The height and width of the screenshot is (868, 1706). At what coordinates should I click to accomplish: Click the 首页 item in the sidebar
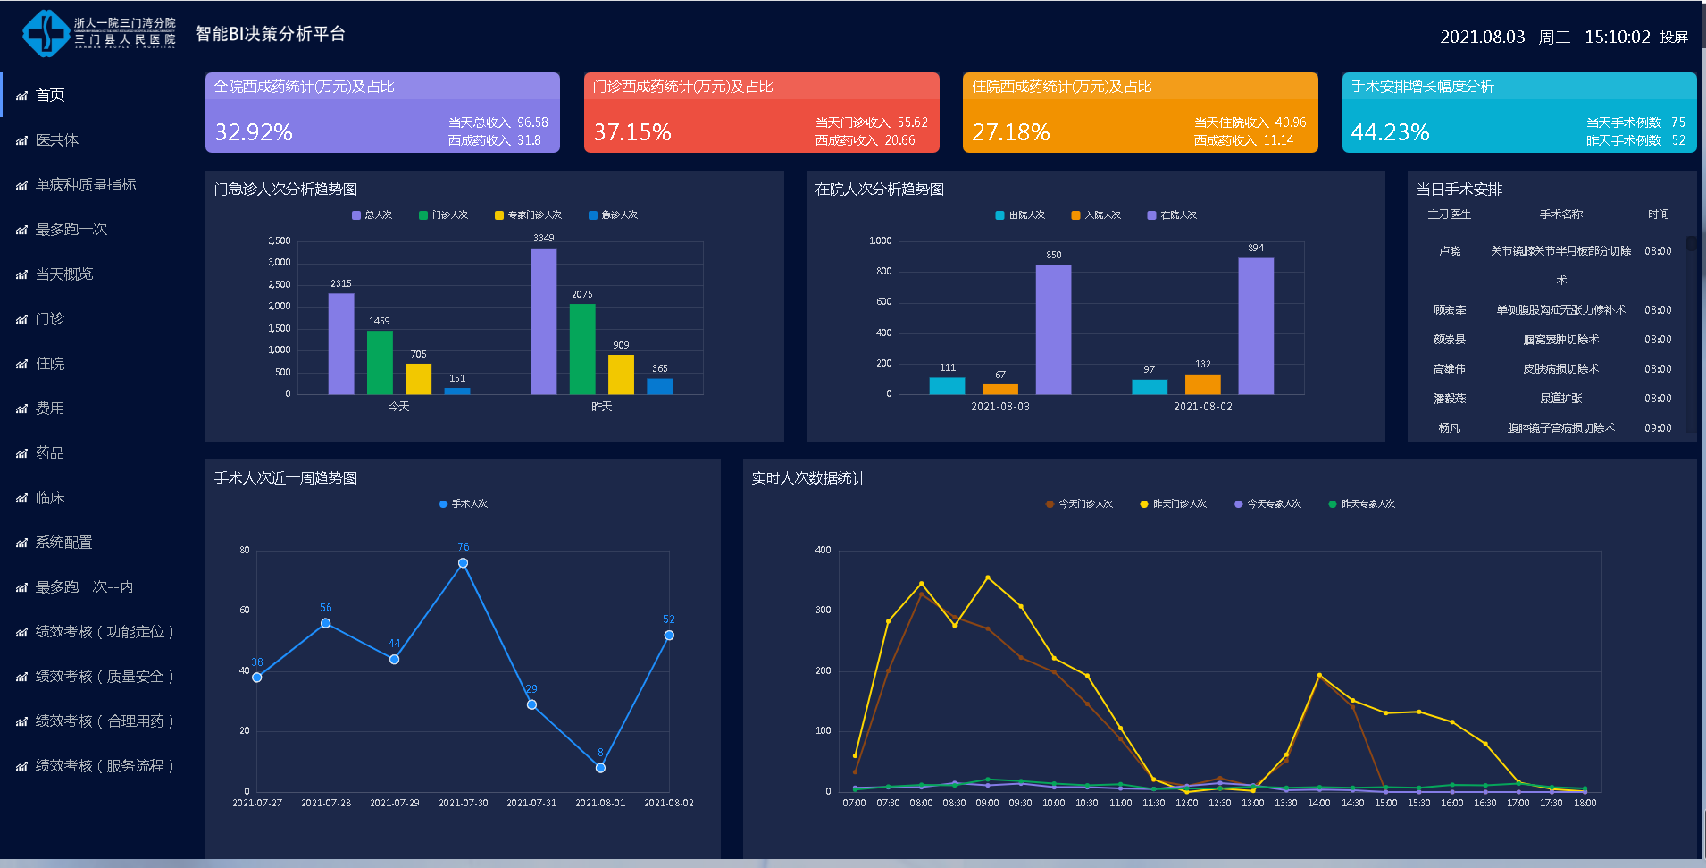pyautogui.click(x=49, y=96)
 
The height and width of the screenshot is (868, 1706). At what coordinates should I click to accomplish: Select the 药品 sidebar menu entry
pyautogui.click(x=49, y=453)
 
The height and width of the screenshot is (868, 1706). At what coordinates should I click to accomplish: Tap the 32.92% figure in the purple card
pyautogui.click(x=254, y=132)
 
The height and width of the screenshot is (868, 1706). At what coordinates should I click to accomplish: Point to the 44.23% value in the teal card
pyautogui.click(x=1390, y=132)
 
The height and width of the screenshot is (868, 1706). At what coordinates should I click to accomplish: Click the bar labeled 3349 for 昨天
pyautogui.click(x=543, y=321)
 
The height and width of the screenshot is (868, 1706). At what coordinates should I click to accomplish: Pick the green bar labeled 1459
pyautogui.click(x=380, y=362)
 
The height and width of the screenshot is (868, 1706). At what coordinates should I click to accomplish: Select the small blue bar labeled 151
pyautogui.click(x=457, y=391)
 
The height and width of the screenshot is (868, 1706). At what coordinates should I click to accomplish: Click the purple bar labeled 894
pyautogui.click(x=1256, y=326)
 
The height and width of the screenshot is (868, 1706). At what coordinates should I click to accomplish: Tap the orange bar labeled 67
pyautogui.click(x=1000, y=389)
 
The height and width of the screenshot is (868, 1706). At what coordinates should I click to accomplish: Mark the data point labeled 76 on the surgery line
pyautogui.click(x=463, y=563)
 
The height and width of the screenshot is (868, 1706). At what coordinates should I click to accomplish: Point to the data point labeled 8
pyautogui.click(x=600, y=768)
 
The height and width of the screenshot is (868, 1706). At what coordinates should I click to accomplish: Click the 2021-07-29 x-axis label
pyautogui.click(x=394, y=803)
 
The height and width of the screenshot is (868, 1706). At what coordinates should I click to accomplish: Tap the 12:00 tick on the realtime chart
pyautogui.click(x=1186, y=803)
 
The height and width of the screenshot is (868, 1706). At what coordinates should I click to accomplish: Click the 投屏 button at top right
pyautogui.click(x=1674, y=38)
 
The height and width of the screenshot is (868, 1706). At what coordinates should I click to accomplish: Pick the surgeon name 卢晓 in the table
pyautogui.click(x=1450, y=251)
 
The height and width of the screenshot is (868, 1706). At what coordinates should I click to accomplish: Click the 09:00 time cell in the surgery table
pyautogui.click(x=1658, y=428)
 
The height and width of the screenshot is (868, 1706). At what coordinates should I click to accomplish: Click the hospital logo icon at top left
pyautogui.click(x=46, y=34)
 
